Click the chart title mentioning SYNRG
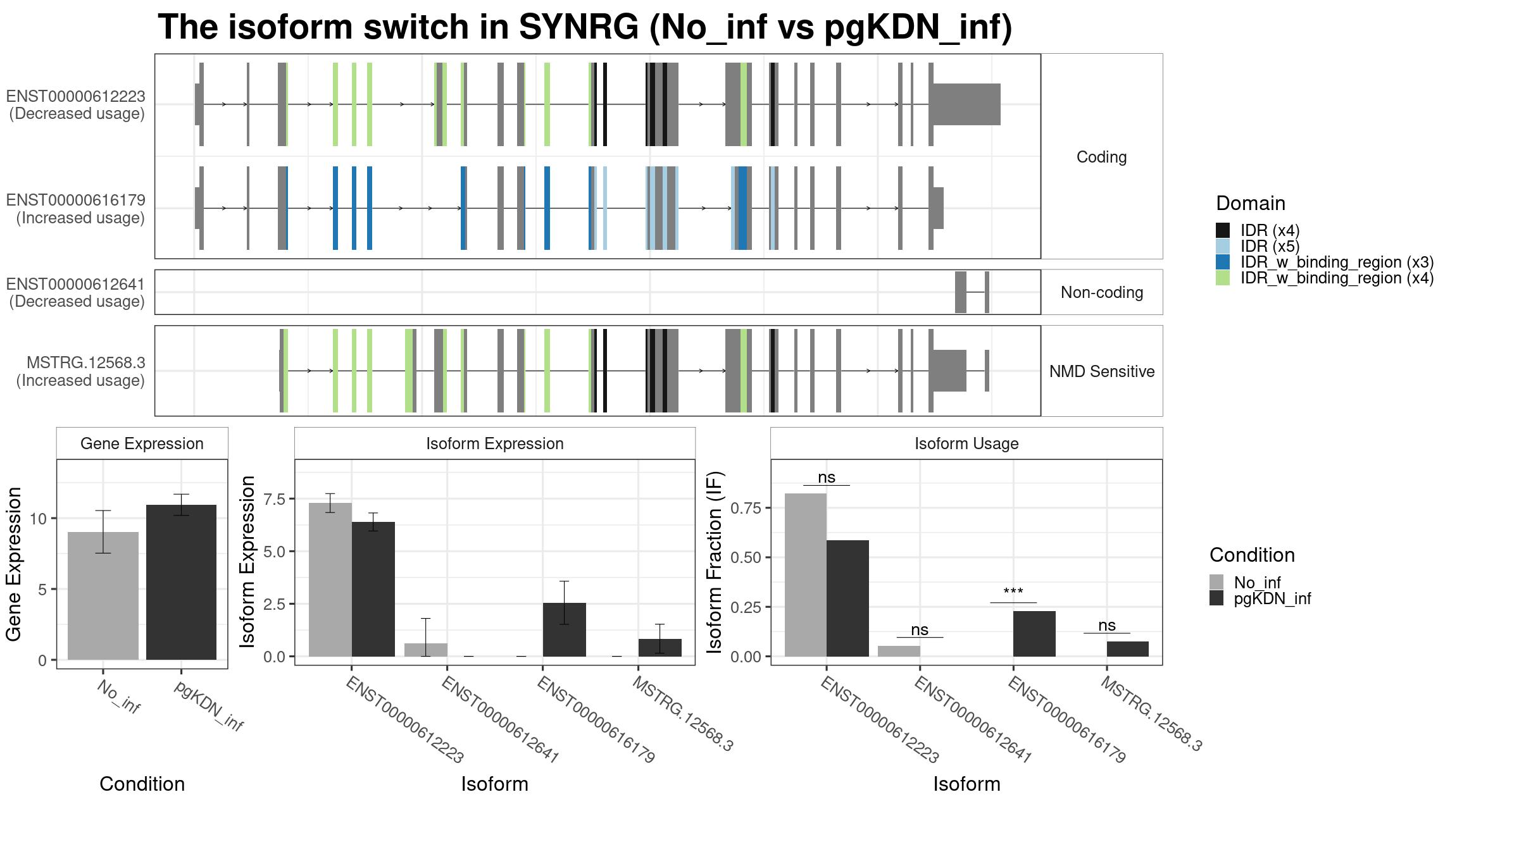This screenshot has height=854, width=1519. click(585, 27)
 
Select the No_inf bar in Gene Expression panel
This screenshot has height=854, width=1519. click(103, 596)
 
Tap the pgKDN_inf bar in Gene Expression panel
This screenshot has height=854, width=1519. click(181, 582)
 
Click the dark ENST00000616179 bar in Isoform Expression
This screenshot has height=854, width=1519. click(564, 629)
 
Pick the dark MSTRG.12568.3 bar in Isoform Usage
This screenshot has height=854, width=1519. click(1127, 649)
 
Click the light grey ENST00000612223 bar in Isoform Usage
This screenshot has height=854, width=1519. click(806, 575)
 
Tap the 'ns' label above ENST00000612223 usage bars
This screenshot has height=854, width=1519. click(827, 478)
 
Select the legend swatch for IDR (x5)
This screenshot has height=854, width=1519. click(1223, 246)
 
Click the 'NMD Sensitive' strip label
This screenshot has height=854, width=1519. click(1102, 371)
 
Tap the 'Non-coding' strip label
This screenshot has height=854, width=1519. click(1102, 292)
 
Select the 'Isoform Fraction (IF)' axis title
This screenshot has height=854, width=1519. click(715, 562)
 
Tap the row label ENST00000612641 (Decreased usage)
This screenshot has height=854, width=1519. click(76, 293)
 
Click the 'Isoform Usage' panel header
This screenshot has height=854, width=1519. click(966, 443)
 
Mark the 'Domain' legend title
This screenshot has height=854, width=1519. click(1251, 203)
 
